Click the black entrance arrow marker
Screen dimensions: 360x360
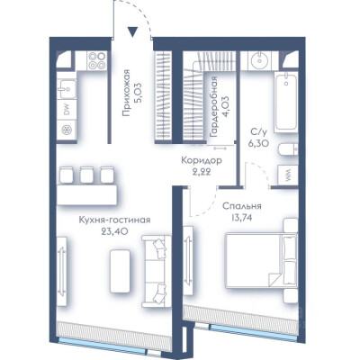(132, 31)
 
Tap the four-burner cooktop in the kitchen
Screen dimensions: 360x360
(97, 60)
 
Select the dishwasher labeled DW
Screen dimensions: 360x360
(67, 111)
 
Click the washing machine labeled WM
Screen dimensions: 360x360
(288, 175)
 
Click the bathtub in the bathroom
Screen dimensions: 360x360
(286, 102)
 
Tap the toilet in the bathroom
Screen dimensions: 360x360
(288, 149)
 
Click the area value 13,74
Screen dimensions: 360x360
(241, 217)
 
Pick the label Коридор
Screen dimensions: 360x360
(202, 160)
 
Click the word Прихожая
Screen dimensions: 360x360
(127, 93)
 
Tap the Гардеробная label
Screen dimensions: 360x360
(213, 106)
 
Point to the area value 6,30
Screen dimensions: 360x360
(258, 143)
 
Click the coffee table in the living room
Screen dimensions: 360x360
(120, 272)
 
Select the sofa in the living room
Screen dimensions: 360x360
(157, 272)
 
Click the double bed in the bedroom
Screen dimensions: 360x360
(261, 259)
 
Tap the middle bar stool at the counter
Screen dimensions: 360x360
(86, 175)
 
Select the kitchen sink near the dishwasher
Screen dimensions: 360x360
(67, 89)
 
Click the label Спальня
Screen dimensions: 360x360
(242, 206)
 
